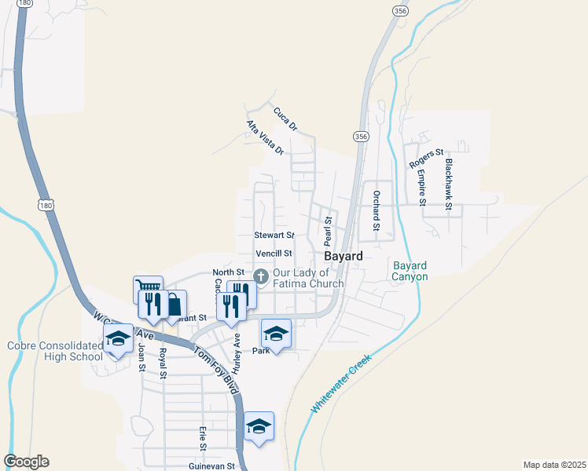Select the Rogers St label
(x=426, y=158)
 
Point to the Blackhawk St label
(x=449, y=185)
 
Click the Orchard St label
(x=377, y=210)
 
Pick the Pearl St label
(x=328, y=229)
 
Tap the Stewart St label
(x=274, y=235)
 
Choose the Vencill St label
(x=273, y=254)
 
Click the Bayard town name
(x=344, y=257)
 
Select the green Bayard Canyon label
(x=410, y=271)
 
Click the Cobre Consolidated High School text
(x=54, y=351)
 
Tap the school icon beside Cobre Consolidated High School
(x=119, y=339)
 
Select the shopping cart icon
(x=145, y=287)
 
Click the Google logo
(x=26, y=462)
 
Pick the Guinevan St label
(x=211, y=466)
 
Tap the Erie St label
(x=202, y=438)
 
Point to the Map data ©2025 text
(x=554, y=464)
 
